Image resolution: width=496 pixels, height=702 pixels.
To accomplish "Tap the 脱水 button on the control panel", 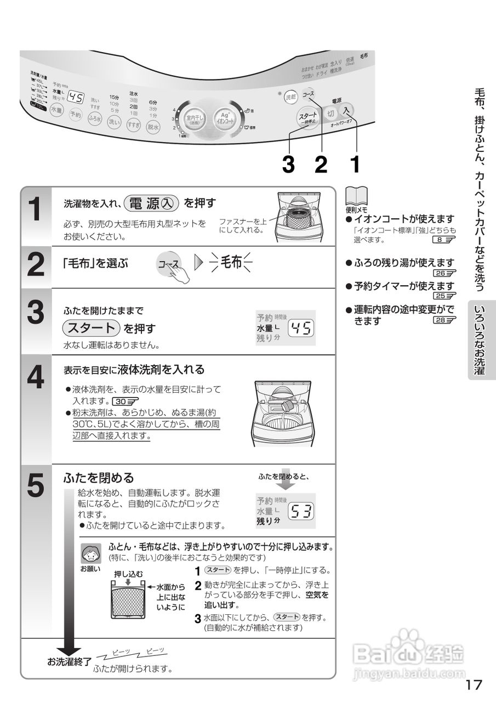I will tap(153, 127).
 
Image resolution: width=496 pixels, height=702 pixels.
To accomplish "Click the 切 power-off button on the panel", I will tap(330, 113).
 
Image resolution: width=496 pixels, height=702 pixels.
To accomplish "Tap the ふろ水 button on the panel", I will tap(95, 118).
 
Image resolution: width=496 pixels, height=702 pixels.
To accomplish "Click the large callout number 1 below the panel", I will tap(355, 163).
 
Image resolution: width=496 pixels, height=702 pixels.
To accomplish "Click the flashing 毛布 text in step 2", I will tap(231, 263).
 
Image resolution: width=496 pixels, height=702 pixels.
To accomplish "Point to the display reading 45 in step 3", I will tap(301, 328).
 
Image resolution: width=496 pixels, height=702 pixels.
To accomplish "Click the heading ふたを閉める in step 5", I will tap(99, 477).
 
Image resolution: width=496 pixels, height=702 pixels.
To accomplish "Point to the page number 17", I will tap(474, 684).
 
